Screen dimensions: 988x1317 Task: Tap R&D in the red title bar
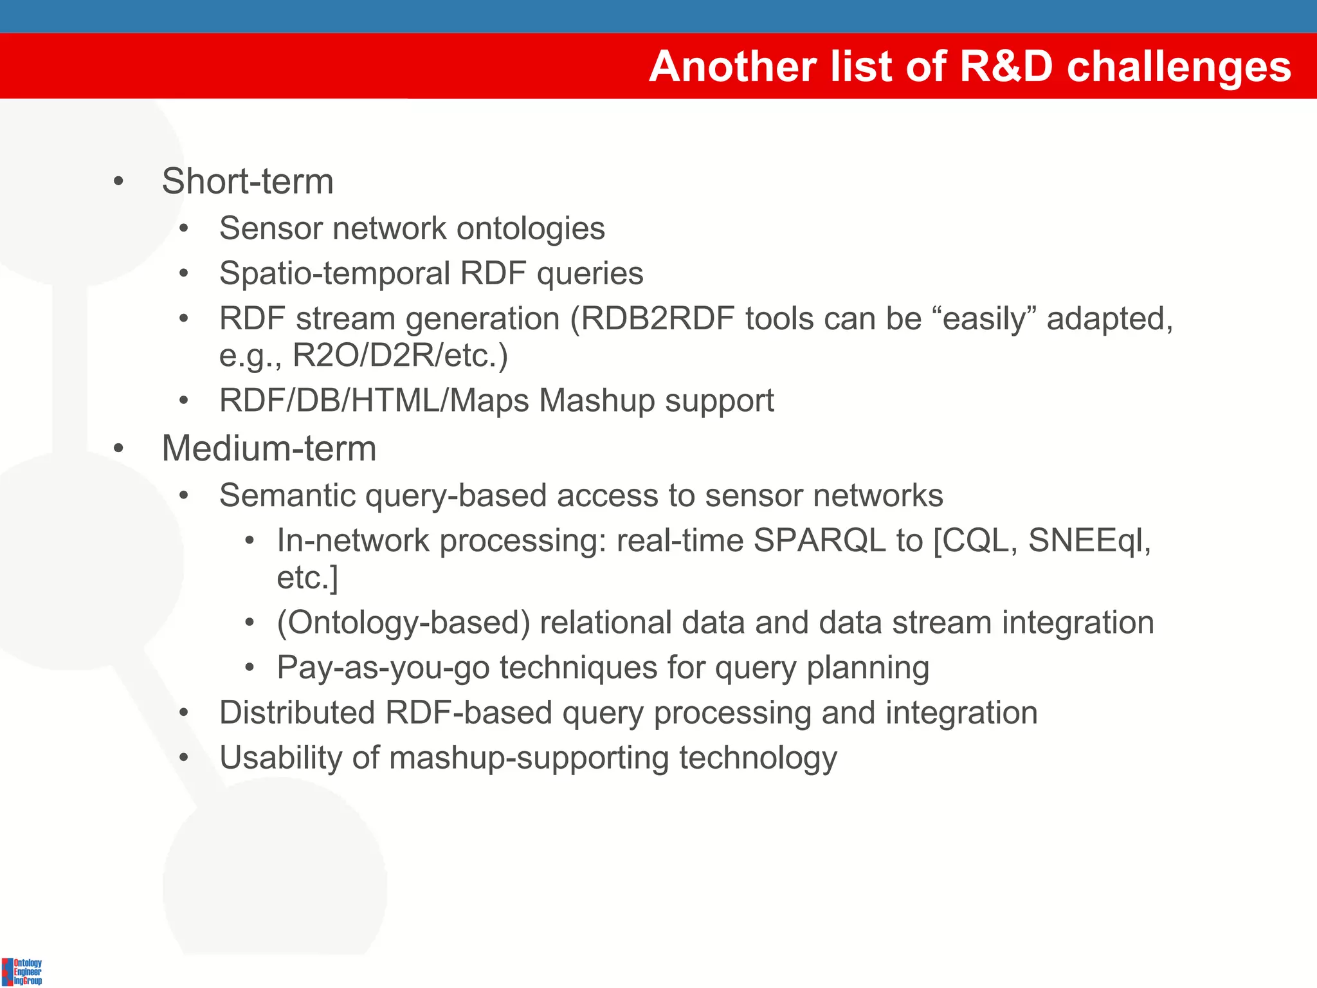[x=1006, y=66]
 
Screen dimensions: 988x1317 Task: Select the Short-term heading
[x=248, y=181]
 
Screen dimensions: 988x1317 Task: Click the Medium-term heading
[x=269, y=448]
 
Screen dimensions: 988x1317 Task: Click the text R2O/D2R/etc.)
[x=400, y=355]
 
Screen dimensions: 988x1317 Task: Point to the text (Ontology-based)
[x=403, y=623]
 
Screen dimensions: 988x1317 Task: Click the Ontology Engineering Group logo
[x=23, y=971]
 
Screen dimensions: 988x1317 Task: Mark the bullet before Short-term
[x=118, y=182]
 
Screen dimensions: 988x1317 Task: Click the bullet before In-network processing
[x=250, y=541]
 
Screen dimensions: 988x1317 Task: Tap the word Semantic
[x=287, y=496]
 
